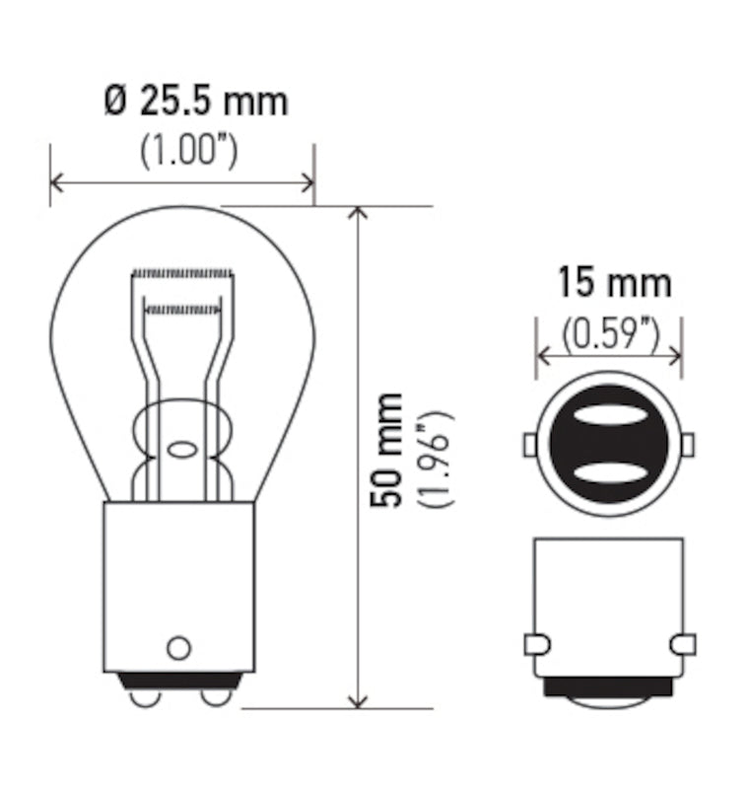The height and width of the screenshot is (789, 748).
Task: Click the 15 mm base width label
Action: [x=614, y=283]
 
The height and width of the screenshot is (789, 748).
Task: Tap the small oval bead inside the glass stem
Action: [x=181, y=450]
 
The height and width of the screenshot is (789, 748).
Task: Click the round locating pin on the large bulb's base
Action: [x=178, y=647]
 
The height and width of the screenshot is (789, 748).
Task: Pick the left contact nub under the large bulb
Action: [x=145, y=697]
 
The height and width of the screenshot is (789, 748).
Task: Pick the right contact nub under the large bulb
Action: [x=214, y=697]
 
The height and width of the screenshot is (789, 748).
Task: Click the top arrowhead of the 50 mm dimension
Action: [x=360, y=213]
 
